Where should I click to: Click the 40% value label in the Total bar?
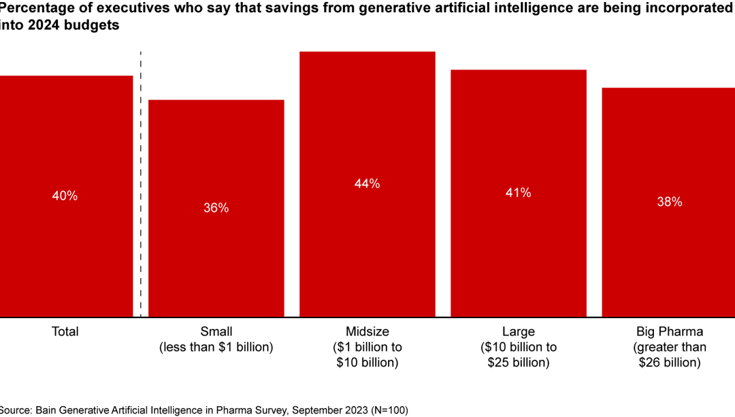pos(65,196)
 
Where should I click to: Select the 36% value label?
pos(216,208)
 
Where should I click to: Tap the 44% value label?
pos(367,183)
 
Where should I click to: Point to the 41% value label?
pos(518,193)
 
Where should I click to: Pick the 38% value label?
pos(669,202)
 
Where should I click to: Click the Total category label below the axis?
pos(65,332)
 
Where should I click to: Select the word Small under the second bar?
pos(216,332)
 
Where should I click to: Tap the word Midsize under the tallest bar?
pos(367,332)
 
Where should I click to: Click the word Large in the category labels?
pos(518,332)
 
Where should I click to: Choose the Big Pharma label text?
pos(669,332)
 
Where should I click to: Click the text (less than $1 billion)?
pos(216,347)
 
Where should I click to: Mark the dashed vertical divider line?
pos(140,184)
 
